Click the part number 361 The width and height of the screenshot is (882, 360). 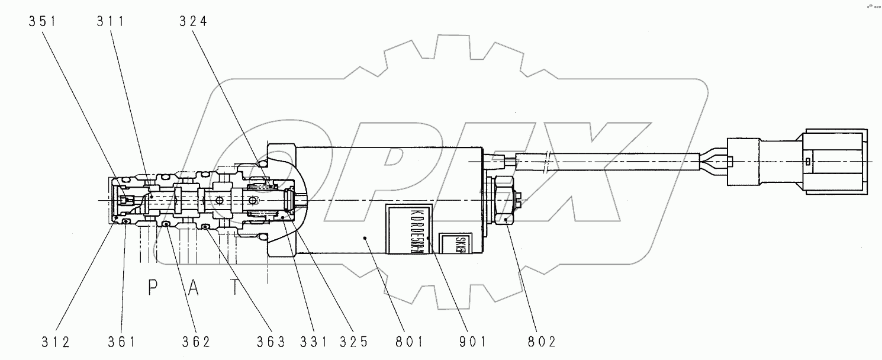(x=123, y=342)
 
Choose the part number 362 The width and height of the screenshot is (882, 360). (x=195, y=342)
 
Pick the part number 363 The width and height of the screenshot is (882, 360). (x=271, y=342)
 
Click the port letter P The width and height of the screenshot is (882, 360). (x=152, y=288)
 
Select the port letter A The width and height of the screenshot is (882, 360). (x=194, y=288)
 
